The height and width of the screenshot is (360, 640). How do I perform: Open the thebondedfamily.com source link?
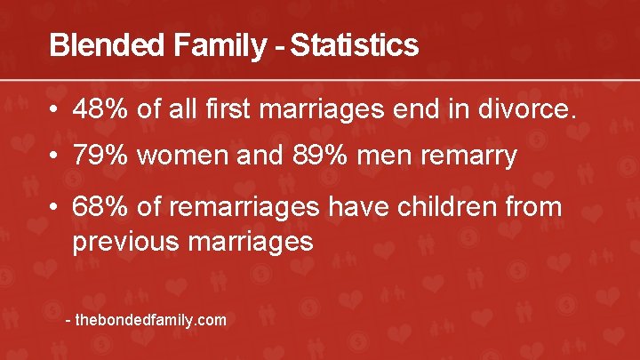(x=151, y=320)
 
